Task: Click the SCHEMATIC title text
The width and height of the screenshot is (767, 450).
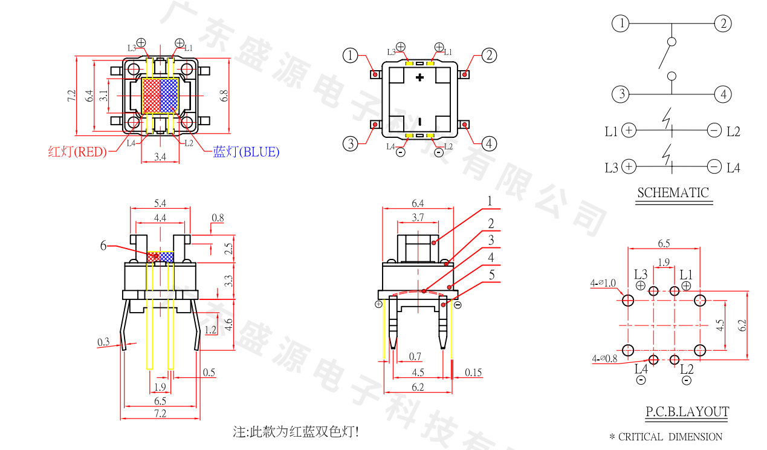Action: tap(673, 193)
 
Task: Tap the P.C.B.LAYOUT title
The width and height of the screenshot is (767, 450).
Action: tap(687, 412)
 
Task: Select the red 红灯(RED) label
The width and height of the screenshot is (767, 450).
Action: tap(77, 152)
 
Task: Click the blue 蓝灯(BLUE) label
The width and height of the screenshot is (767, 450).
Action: tap(246, 152)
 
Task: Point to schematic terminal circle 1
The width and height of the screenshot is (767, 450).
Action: tap(620, 24)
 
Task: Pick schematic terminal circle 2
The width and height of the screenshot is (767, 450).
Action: tap(723, 24)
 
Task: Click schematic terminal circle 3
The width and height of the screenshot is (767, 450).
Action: tap(620, 94)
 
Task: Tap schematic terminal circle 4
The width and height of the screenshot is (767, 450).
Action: tap(723, 94)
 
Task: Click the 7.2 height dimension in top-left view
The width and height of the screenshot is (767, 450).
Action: tap(71, 96)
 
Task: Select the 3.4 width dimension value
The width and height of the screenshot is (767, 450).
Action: tap(160, 157)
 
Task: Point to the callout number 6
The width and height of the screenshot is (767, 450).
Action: tap(103, 246)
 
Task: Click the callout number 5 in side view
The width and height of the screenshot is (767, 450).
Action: tap(491, 274)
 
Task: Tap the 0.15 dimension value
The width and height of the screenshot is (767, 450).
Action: tap(473, 373)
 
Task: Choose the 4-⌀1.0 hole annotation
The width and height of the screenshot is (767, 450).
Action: tap(603, 283)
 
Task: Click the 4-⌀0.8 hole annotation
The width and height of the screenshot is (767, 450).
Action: tap(604, 359)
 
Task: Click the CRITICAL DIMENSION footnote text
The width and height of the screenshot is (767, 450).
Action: tap(665, 437)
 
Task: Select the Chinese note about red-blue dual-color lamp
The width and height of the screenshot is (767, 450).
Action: tap(299, 432)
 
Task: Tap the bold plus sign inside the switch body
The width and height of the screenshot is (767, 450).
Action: tap(420, 77)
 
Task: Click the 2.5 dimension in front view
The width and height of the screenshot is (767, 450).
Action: tap(228, 249)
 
